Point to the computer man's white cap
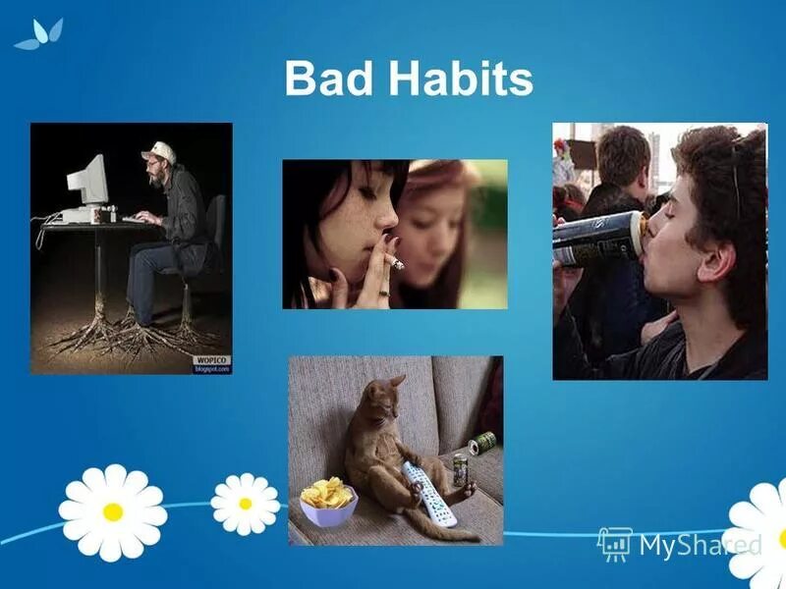point(158,151)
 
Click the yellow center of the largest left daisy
point(113,510)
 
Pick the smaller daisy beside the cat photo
point(245,504)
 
